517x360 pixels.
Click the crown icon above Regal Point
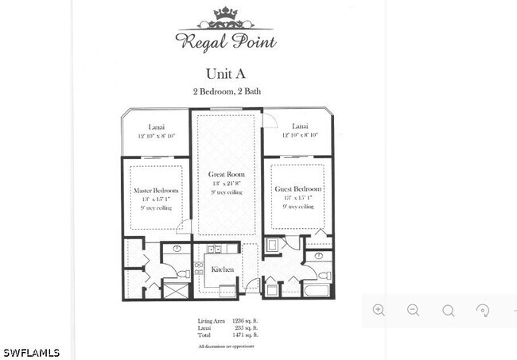point(226,14)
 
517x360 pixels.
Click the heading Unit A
point(225,73)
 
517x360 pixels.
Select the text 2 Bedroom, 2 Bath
point(226,91)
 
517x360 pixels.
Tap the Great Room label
point(227,174)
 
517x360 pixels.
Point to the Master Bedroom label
point(156,191)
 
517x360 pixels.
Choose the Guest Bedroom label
point(297,189)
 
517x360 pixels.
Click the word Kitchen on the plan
point(223,269)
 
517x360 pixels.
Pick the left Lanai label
point(156,126)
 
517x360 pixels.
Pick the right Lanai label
point(300,126)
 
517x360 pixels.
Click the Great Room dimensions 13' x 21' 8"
point(227,184)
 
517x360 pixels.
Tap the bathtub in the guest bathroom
point(317,289)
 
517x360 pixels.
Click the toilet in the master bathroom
point(183,273)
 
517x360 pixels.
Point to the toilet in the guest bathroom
point(324,275)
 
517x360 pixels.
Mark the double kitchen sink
point(213,250)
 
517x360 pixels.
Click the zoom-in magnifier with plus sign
point(379,310)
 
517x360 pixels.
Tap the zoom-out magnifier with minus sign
point(414,310)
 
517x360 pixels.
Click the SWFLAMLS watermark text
point(31,352)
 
